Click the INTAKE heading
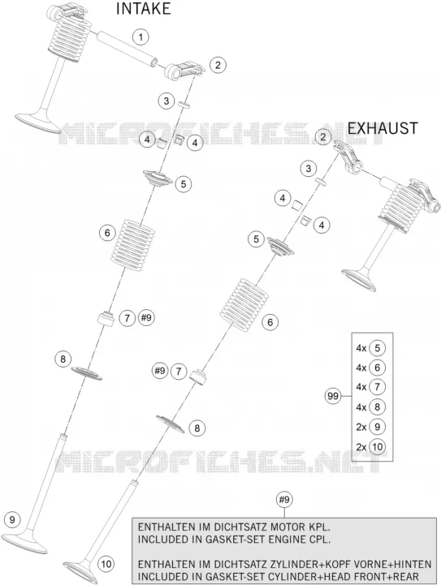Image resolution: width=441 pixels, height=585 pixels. coord(143,9)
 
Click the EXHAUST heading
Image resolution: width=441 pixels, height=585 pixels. coord(383,128)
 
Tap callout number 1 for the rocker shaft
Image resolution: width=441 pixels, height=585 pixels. coord(141,37)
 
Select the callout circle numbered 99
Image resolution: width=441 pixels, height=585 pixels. coord(332,396)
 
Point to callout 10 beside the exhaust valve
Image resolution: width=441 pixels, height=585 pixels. coord(106,563)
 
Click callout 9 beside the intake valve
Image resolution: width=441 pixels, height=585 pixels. coord(12,519)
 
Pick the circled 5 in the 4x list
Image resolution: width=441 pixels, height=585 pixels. coord(377,348)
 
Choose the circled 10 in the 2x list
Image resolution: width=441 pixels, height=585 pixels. coord(377,446)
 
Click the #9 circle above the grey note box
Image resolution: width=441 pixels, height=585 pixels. coord(284,499)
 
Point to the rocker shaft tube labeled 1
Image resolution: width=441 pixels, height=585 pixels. coord(127,49)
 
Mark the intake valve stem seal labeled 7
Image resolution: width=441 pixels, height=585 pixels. coord(106,319)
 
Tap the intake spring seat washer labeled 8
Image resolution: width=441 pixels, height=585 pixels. coord(86,372)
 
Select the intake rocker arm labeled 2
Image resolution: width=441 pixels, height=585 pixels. coord(186,71)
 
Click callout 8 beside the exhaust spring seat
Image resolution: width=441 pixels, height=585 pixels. coord(197,428)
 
